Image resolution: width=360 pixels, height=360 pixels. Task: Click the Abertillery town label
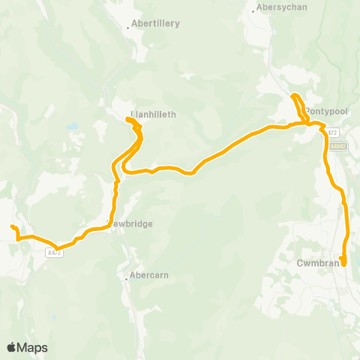click(x=156, y=24)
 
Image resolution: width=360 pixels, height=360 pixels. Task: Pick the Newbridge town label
click(x=131, y=223)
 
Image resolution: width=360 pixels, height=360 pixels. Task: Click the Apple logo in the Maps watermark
click(x=12, y=347)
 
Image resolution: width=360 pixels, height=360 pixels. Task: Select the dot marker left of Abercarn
click(x=126, y=278)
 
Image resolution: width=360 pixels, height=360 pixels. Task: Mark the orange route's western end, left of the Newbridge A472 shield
click(x=11, y=226)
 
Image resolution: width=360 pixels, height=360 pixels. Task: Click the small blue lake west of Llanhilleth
click(x=73, y=126)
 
